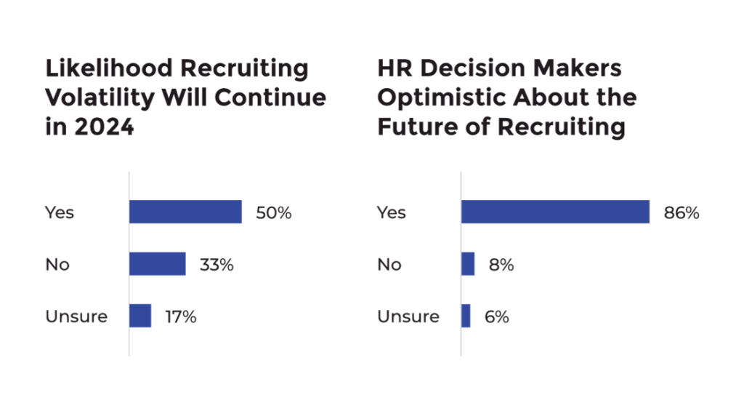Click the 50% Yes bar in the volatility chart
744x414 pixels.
click(x=185, y=212)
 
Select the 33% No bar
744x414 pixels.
click(x=158, y=264)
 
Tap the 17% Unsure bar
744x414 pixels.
click(x=140, y=317)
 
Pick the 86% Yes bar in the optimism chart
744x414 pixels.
click(x=555, y=212)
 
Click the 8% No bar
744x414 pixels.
click(x=468, y=264)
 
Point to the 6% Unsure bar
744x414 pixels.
click(x=466, y=317)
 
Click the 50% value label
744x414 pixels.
click(x=273, y=213)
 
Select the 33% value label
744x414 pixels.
click(x=217, y=265)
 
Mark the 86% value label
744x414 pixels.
click(x=682, y=213)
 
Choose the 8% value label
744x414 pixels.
click(x=501, y=265)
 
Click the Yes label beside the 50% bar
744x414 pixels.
click(x=59, y=213)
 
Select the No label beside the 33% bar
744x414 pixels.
click(x=57, y=265)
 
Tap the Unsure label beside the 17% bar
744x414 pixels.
click(x=76, y=317)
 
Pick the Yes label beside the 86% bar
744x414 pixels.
click(x=391, y=213)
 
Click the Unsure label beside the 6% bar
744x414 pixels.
click(x=408, y=317)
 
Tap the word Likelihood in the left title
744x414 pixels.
click(x=109, y=68)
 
